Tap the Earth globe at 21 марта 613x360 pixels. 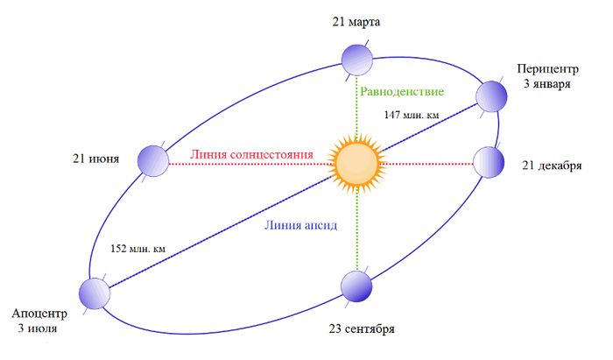(x=357, y=59)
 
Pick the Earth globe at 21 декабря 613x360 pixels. (x=489, y=162)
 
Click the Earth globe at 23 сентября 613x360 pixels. (x=357, y=286)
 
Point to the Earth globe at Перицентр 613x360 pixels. (x=491, y=95)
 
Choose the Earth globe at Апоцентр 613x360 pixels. (x=95, y=295)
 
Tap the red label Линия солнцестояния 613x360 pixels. (x=251, y=155)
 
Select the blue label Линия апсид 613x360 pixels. (x=300, y=224)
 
